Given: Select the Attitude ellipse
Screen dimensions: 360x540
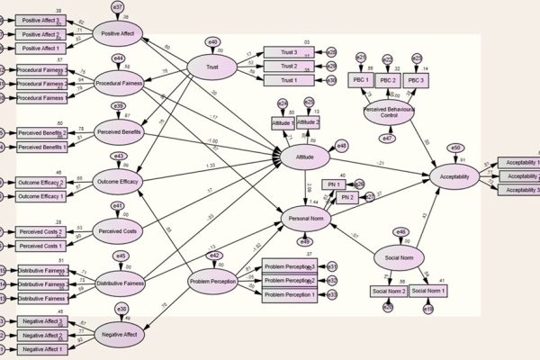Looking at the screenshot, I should tap(304, 158).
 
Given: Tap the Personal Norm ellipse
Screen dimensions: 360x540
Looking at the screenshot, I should tap(305, 218).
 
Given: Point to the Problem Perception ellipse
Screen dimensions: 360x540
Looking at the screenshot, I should tap(213, 282).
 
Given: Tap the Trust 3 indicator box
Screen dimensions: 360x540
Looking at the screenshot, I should tap(289, 51).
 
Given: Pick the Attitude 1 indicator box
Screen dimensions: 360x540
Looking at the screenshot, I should tap(283, 123).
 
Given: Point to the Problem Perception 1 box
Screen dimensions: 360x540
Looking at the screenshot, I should tap(290, 294).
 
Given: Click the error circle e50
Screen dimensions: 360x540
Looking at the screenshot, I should tap(456, 148).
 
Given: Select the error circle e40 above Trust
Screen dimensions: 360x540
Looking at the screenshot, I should tap(213, 41).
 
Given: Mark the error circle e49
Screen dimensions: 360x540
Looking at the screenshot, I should tap(305, 239).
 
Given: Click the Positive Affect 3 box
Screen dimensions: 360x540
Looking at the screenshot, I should tap(40, 21).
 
